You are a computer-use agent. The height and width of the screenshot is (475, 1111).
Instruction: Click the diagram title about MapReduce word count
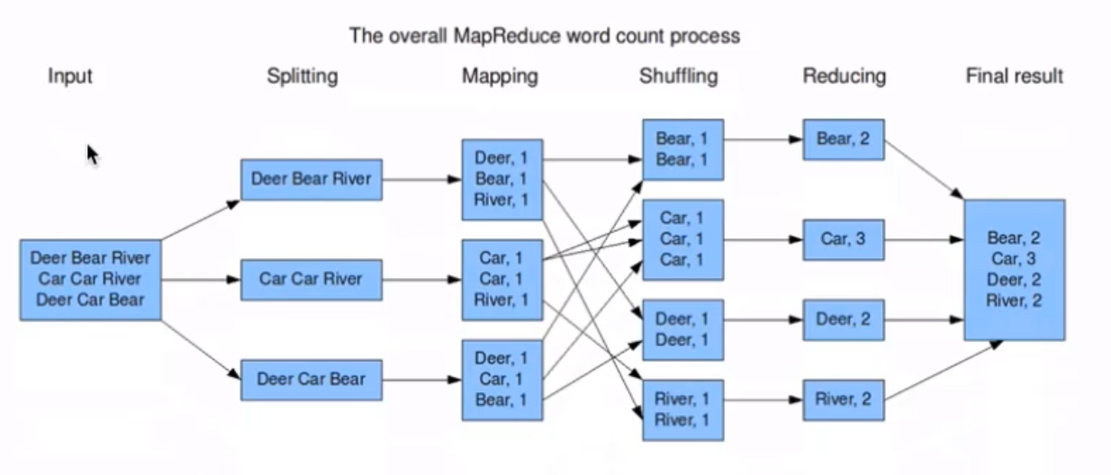coord(544,37)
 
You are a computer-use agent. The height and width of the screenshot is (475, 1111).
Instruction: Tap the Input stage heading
coord(70,76)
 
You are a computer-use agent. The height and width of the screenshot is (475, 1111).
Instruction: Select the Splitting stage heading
coord(303,76)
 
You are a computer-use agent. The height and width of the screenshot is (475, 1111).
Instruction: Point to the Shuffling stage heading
coord(679,76)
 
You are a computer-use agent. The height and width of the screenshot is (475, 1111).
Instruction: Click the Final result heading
coord(1014,76)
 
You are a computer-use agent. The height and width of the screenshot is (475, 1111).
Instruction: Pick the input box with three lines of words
coord(91,279)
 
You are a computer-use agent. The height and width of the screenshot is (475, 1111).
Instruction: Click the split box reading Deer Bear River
coord(312,179)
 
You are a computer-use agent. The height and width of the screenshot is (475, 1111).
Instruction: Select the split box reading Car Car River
coord(312,279)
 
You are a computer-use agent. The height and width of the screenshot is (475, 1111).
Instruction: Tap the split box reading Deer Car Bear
coord(312,379)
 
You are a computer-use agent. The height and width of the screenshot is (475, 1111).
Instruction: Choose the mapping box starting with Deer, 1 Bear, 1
coord(502,179)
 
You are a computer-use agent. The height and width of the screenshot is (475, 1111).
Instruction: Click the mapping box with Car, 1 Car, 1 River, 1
coord(502,279)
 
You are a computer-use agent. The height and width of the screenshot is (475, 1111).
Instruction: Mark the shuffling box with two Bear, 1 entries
coord(683,149)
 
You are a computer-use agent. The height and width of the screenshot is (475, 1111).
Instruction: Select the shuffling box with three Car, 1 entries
coord(683,239)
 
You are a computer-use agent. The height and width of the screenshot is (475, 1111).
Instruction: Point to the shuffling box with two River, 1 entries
coord(683,409)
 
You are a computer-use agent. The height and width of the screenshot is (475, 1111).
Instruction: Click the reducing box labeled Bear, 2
coord(844,139)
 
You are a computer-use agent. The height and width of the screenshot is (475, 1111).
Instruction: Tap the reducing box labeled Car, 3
coord(844,240)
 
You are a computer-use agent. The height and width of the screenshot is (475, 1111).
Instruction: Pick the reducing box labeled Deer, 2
coord(844,319)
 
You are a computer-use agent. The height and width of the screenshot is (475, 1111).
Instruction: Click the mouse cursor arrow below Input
coord(92,155)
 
